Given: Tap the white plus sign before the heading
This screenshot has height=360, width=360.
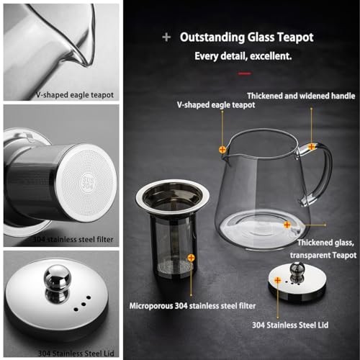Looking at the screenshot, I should tap(167, 37).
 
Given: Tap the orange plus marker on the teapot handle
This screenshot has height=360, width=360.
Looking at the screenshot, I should tap(312, 146).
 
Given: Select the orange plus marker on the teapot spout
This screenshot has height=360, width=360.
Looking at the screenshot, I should tap(222, 149).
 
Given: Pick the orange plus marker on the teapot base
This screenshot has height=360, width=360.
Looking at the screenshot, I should tap(287, 225).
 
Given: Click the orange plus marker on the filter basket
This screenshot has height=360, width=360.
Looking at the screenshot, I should tap(190, 257).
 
